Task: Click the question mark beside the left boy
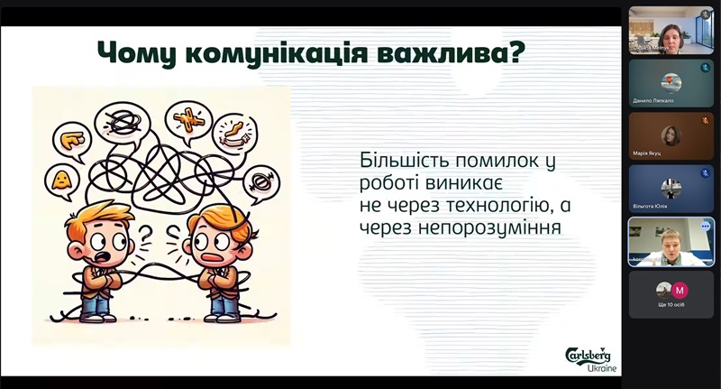(x=143, y=237)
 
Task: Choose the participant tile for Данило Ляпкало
(x=671, y=84)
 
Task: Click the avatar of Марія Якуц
(x=671, y=136)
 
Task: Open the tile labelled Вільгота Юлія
(x=671, y=189)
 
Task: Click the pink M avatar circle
(x=680, y=291)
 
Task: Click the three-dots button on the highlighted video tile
(x=705, y=226)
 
